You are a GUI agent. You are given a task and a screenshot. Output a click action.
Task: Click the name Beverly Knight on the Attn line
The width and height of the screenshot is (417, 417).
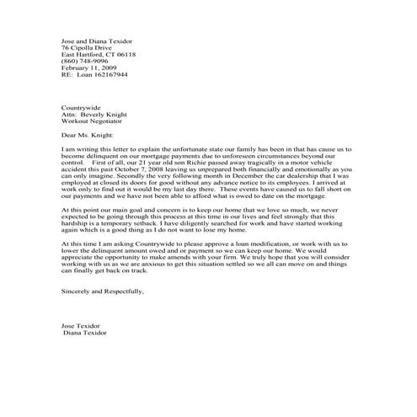point(105,115)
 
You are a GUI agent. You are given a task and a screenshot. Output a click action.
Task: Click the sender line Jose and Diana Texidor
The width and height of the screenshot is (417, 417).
point(96,40)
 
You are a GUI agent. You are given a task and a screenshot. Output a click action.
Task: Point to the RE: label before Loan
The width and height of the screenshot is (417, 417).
point(68,74)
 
